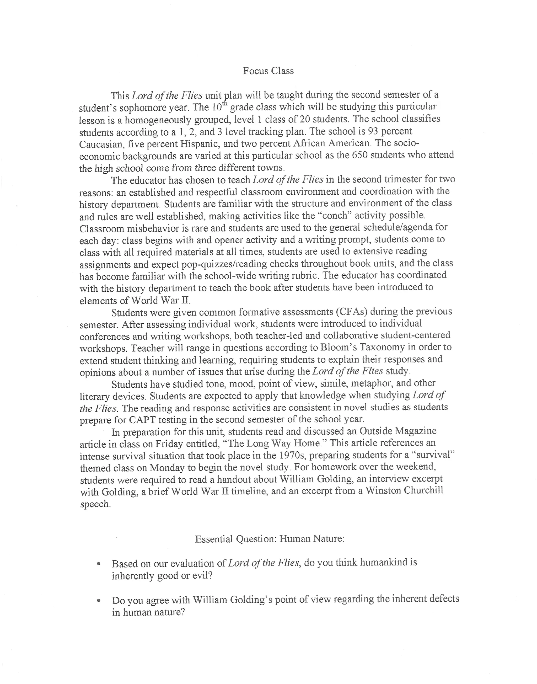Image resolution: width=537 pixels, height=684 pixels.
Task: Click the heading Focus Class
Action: (x=268, y=71)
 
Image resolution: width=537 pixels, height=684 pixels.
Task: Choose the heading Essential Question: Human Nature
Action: (x=270, y=539)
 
